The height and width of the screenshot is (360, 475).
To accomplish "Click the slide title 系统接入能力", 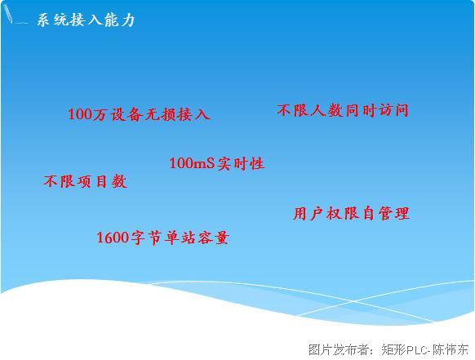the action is click(x=86, y=20).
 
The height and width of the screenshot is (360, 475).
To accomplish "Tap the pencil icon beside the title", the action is click(x=8, y=14).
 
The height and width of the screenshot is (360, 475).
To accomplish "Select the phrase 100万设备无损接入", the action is click(x=139, y=114).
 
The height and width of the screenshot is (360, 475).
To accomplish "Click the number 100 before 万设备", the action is click(x=80, y=114).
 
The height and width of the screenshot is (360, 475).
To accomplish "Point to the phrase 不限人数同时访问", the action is click(x=343, y=110).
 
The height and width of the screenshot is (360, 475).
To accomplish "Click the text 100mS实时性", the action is click(x=217, y=163).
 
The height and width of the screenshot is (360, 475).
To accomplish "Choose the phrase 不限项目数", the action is click(x=85, y=181).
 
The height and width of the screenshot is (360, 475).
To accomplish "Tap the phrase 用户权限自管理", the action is click(x=352, y=213).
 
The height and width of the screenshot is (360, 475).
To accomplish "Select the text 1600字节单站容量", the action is click(x=162, y=238).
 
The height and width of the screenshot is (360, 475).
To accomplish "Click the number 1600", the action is click(x=113, y=238).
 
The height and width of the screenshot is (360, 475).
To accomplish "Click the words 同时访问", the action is click(x=376, y=110).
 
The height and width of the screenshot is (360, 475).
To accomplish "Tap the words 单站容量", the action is click(x=197, y=238).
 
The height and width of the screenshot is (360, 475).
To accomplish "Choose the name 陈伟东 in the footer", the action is click(x=451, y=349).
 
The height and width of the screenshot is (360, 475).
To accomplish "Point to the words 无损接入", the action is click(x=178, y=114).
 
